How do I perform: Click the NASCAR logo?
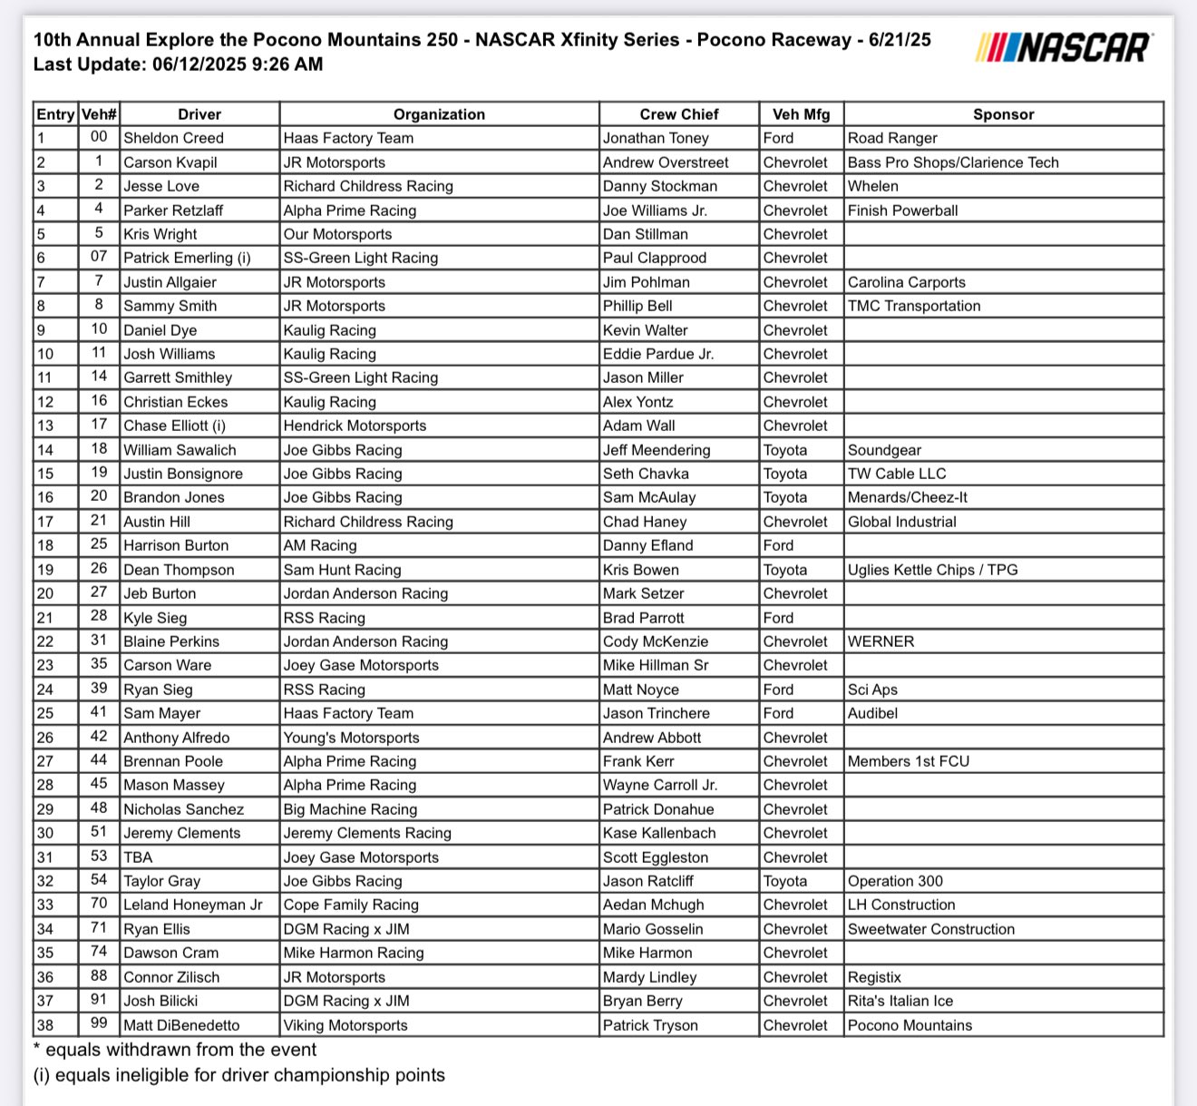pyautogui.click(x=1064, y=46)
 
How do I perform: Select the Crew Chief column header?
pyautogui.click(x=678, y=114)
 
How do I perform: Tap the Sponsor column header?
pyautogui.click(x=1003, y=114)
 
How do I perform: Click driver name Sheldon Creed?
pyautogui.click(x=173, y=138)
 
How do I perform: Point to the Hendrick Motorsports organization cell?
pyautogui.click(x=355, y=426)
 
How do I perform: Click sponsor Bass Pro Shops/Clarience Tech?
pyautogui.click(x=953, y=162)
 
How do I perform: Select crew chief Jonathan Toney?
pyautogui.click(x=656, y=138)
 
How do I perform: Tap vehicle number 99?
pyautogui.click(x=99, y=1024)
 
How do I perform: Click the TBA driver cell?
pyautogui.click(x=138, y=857)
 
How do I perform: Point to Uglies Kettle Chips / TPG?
pyautogui.click(x=932, y=570)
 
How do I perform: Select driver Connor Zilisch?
pyautogui.click(x=171, y=977)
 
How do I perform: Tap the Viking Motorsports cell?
pyautogui.click(x=345, y=1025)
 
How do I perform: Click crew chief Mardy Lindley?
pyautogui.click(x=649, y=977)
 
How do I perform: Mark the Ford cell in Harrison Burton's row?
pyautogui.click(x=778, y=545)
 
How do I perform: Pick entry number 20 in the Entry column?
pyautogui.click(x=45, y=593)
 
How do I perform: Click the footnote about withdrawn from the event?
pyautogui.click(x=175, y=1050)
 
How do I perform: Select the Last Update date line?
pyautogui.click(x=178, y=64)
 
